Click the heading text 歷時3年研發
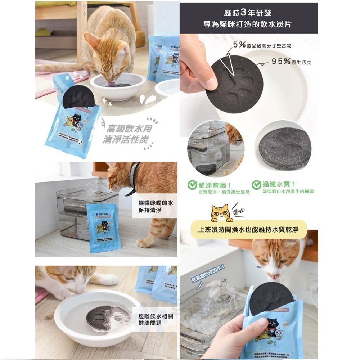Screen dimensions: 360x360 coord(249,13)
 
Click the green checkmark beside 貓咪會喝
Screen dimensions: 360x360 coord(193,185)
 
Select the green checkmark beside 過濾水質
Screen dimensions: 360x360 coord(256,185)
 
